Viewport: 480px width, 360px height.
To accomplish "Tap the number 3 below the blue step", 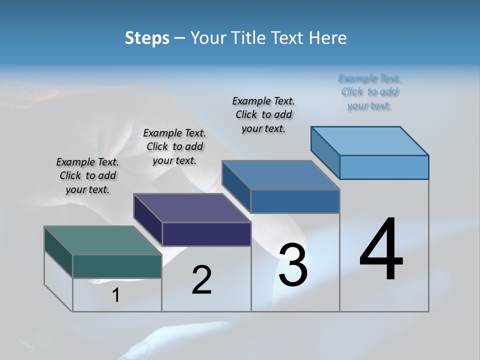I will [x=293, y=265].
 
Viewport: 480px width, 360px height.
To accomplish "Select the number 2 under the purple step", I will [x=201, y=279].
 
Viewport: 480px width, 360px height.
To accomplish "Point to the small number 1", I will [x=115, y=295].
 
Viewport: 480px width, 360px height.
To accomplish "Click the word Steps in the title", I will [x=147, y=38].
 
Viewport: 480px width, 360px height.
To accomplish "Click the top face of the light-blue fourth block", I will [x=370, y=140].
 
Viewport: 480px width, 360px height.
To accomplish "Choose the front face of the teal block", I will [x=117, y=266].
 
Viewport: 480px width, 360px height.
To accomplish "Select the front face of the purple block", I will [x=206, y=234].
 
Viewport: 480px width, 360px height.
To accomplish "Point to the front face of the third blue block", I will [x=295, y=201].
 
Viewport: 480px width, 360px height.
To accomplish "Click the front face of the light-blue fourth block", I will [x=384, y=167].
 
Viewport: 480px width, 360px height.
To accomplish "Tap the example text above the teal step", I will [x=87, y=175].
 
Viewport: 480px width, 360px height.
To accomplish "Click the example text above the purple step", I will [x=174, y=146].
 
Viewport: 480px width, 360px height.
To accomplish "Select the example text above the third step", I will [x=263, y=114].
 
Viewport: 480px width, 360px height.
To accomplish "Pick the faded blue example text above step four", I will [x=369, y=92].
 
